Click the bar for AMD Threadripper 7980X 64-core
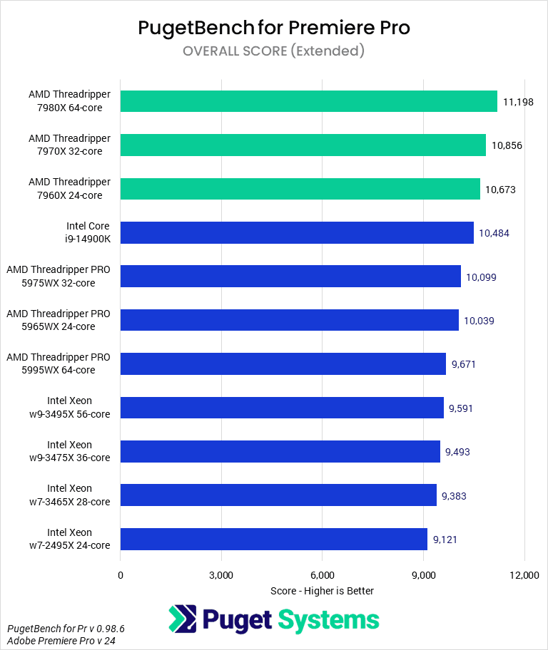pos(308,102)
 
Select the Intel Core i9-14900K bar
pos(297,233)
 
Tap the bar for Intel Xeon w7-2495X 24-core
pos(273,539)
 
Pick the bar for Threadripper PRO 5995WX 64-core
pos(283,363)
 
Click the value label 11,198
pos(518,103)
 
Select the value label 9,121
pos(445,540)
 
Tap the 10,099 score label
pos(481,277)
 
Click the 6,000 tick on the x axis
pos(323,575)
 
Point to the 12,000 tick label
pos(524,575)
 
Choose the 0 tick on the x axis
pos(121,575)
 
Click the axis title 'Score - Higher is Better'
pos(322,591)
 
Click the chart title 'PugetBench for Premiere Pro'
pos(274,28)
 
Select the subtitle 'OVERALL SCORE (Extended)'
pos(274,51)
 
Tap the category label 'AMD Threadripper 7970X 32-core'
pos(70,145)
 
